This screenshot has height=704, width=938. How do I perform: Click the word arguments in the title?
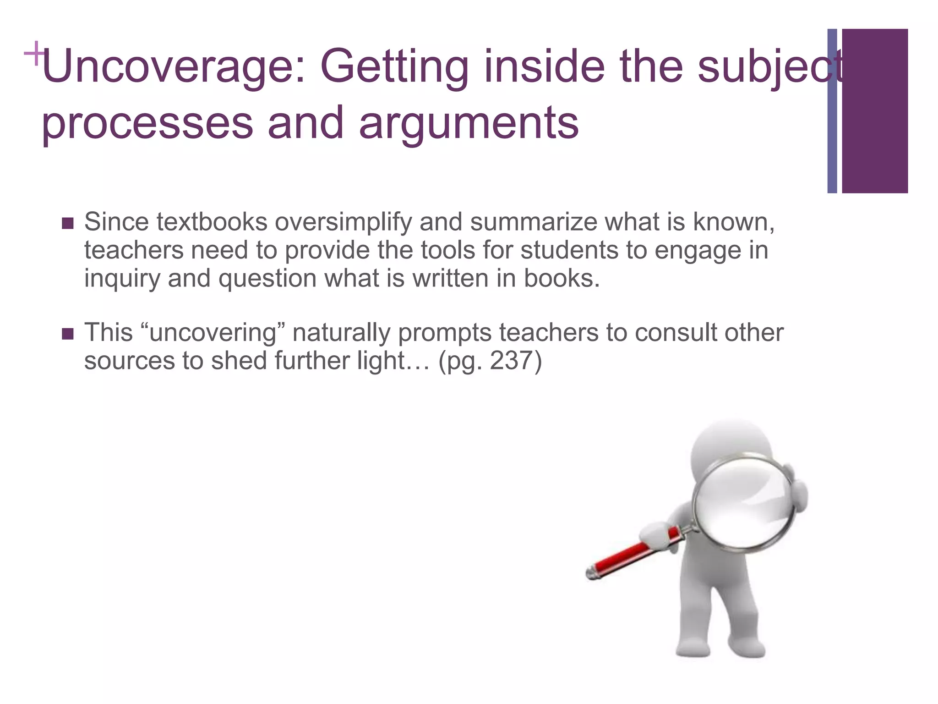(469, 123)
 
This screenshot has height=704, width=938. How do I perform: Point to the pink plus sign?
(34, 54)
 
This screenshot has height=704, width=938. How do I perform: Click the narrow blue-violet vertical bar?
(832, 111)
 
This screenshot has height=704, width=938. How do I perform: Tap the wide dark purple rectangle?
(875, 111)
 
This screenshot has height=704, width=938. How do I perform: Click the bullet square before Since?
(67, 224)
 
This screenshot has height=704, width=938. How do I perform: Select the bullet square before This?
(67, 334)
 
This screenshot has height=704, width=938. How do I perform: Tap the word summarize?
(534, 222)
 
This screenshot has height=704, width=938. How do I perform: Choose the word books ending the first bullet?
(561, 278)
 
